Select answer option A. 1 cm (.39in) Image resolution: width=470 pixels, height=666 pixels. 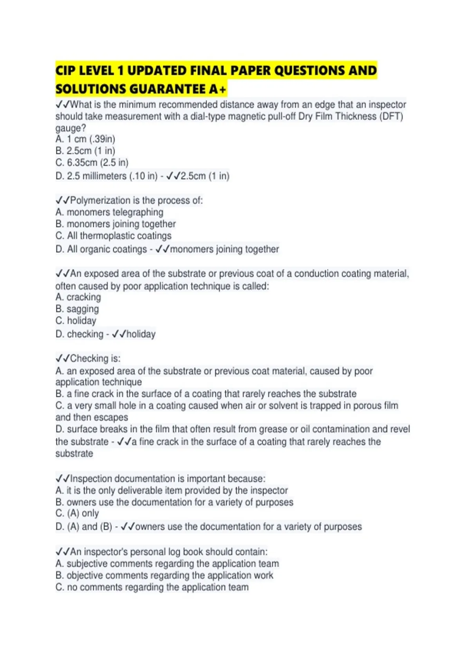[x=85, y=139]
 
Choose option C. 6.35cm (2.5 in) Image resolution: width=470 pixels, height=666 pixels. [x=92, y=163]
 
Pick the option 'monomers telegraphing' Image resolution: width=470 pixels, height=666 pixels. [x=115, y=212]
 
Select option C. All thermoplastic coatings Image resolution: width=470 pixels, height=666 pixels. [x=114, y=236]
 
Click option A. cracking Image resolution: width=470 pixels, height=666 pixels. [x=78, y=297]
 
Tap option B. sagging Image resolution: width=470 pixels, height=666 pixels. [x=77, y=309]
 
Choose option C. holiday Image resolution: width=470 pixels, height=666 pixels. [x=76, y=321]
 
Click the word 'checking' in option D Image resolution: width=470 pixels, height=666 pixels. [x=85, y=334]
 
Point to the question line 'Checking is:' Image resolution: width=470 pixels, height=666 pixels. [x=88, y=358]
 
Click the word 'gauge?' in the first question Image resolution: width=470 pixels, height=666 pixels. [x=70, y=128]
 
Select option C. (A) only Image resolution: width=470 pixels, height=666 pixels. [x=77, y=513]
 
